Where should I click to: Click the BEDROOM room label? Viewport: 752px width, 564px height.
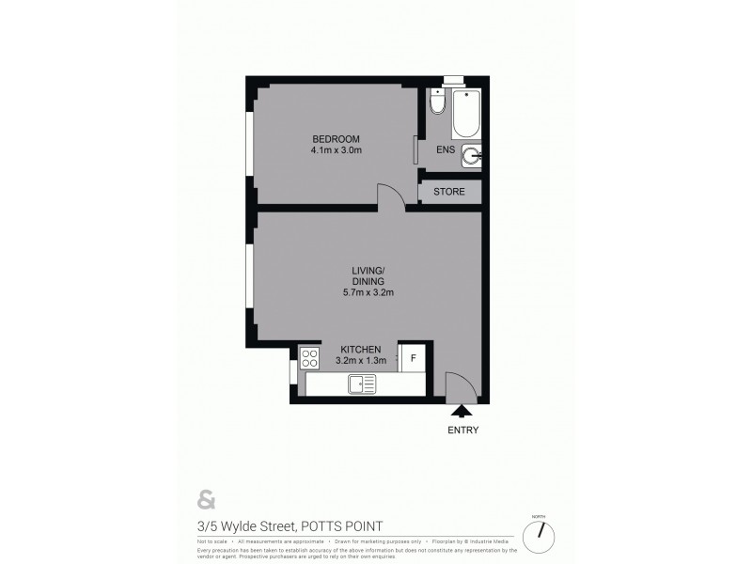point(337,139)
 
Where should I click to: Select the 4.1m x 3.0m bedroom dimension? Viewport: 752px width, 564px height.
point(337,150)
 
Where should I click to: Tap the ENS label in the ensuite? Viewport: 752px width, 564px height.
point(446,150)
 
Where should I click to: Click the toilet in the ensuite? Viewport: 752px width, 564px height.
point(437,102)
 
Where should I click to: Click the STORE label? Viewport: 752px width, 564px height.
point(448,193)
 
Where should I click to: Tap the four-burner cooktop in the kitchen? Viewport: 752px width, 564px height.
point(309,358)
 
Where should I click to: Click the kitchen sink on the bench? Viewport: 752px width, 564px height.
point(361,384)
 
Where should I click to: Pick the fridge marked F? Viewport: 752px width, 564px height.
point(413,358)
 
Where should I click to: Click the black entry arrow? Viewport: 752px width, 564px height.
point(462,410)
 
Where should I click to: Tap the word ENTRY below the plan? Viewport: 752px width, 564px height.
point(462,431)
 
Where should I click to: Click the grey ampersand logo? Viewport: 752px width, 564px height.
point(204,498)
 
